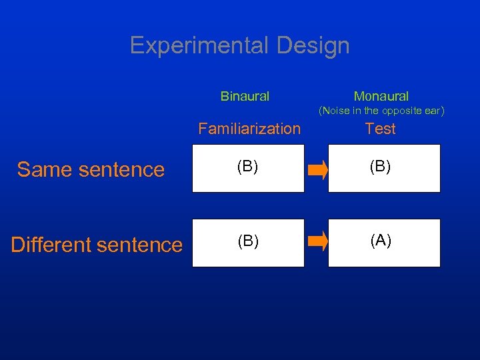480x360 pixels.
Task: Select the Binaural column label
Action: [x=245, y=96]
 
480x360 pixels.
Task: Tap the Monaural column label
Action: [x=381, y=96]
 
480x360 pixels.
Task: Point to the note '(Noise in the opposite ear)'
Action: [x=381, y=111]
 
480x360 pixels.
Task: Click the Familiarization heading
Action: [x=249, y=129]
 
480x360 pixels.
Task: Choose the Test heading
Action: [x=381, y=129]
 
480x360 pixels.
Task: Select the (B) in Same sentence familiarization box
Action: [x=248, y=167]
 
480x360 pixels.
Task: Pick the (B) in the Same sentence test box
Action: [x=381, y=167]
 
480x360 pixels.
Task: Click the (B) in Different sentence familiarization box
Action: [x=248, y=241]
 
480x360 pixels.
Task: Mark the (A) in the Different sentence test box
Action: [x=381, y=241]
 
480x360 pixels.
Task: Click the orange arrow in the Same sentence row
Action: [x=318, y=171]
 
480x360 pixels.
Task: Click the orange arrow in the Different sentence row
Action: [x=318, y=241]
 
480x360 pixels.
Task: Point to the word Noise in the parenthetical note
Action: [x=336, y=111]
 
